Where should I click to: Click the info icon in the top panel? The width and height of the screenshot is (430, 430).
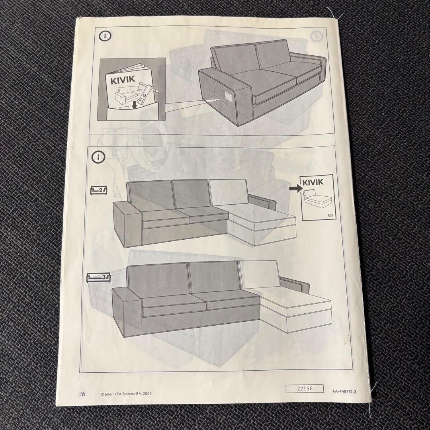[105, 36]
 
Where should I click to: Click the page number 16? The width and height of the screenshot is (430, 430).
[93, 394]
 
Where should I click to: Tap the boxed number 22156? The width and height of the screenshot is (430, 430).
[305, 389]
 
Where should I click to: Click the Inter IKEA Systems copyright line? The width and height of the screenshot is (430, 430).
[132, 394]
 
